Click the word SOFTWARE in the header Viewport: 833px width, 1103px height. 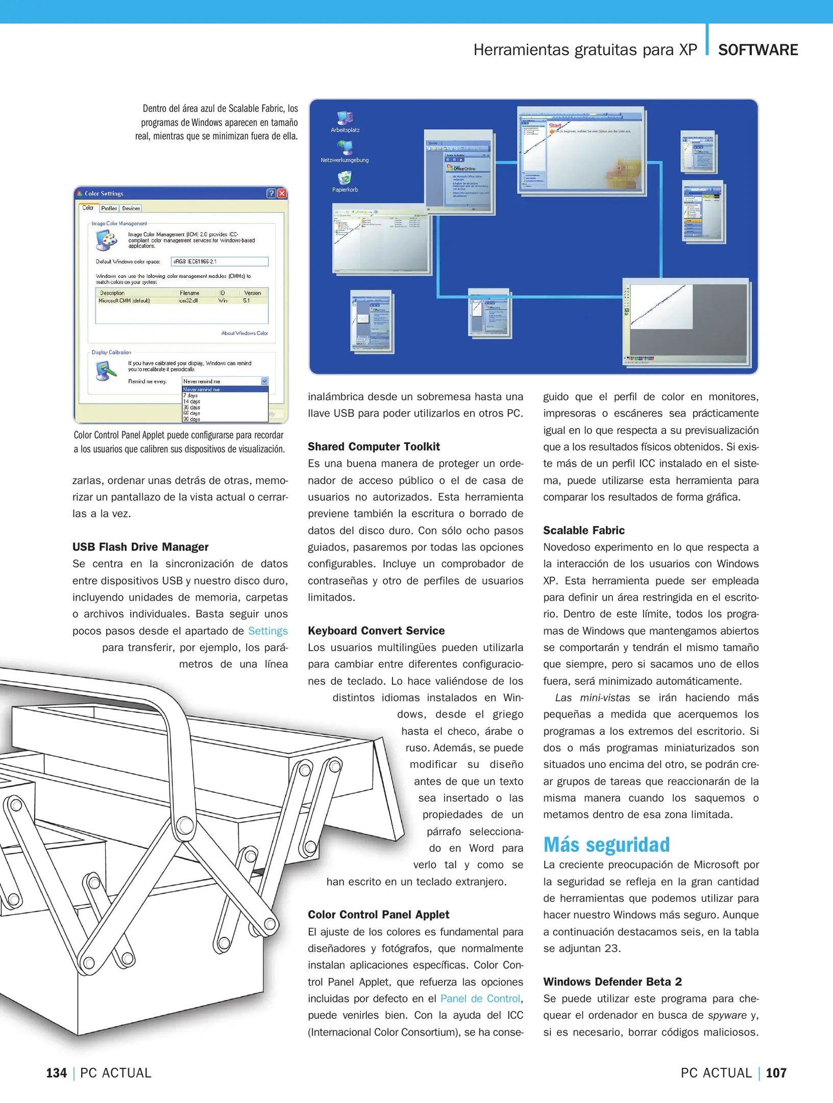click(757, 50)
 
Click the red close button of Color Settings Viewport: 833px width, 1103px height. click(282, 194)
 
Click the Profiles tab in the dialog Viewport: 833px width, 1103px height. click(109, 208)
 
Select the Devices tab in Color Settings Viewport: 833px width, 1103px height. click(131, 208)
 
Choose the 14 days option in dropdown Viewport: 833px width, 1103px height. click(192, 401)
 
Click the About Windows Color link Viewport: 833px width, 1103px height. click(244, 333)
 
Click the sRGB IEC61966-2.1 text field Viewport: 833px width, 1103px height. click(219, 261)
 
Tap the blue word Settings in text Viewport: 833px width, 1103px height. click(267, 631)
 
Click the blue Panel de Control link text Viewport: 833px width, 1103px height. click(480, 998)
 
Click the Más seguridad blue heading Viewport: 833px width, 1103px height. click(606, 845)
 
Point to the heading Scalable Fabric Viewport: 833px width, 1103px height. click(583, 530)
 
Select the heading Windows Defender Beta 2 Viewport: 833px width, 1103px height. click(612, 981)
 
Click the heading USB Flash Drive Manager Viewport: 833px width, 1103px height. click(140, 547)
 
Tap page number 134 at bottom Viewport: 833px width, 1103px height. click(57, 1073)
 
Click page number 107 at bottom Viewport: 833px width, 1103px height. click(775, 1073)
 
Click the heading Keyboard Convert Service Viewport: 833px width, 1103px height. click(376, 631)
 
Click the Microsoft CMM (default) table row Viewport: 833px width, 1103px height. click(181, 301)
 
